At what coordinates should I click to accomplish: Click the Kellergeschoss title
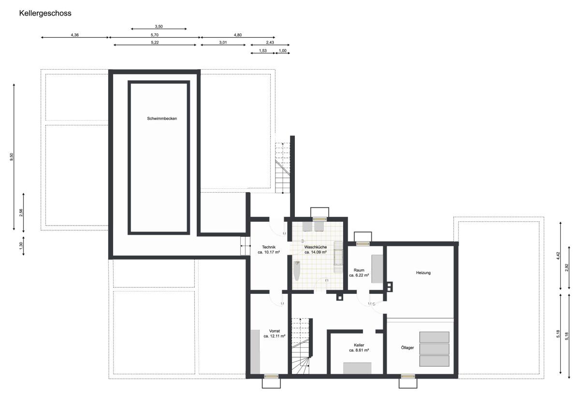(x=45, y=13)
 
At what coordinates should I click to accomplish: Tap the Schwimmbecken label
(x=162, y=119)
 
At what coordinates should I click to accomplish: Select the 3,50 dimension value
(x=159, y=27)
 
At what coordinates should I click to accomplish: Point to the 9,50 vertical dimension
(x=12, y=157)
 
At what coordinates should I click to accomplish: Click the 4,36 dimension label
(x=74, y=35)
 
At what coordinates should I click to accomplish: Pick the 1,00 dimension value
(x=282, y=50)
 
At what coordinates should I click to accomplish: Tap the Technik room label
(x=269, y=247)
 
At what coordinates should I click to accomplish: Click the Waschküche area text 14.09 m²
(x=315, y=252)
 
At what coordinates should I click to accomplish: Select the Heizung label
(x=423, y=273)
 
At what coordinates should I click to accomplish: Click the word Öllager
(x=407, y=348)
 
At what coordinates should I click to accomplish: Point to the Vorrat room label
(x=275, y=331)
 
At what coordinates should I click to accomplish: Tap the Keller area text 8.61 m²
(x=359, y=350)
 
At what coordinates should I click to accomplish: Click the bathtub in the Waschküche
(x=297, y=271)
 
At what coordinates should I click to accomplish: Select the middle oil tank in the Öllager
(x=434, y=349)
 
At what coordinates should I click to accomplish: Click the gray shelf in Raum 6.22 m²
(x=377, y=269)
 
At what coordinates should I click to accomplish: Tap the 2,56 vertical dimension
(x=21, y=213)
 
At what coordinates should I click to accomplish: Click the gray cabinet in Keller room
(x=357, y=368)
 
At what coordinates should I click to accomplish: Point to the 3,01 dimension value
(x=223, y=42)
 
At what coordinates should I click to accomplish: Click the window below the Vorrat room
(x=271, y=376)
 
